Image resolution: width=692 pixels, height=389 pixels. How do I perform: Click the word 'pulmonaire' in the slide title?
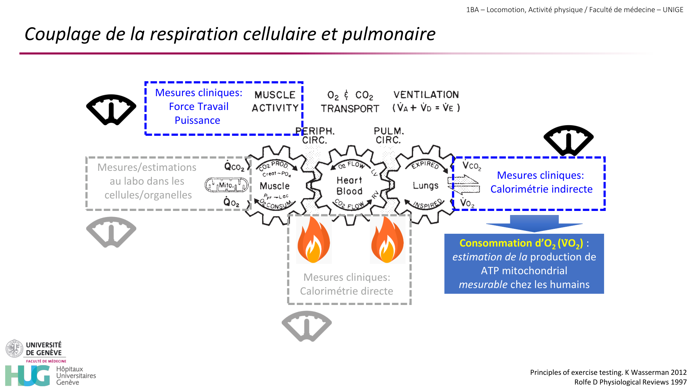(x=389, y=34)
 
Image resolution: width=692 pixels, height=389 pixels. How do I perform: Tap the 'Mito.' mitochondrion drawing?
(x=227, y=185)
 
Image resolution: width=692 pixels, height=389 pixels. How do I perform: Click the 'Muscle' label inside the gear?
(x=275, y=186)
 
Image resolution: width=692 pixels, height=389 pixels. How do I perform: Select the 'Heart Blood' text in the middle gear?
(x=349, y=186)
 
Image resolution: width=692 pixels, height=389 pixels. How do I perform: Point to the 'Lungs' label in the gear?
(x=426, y=186)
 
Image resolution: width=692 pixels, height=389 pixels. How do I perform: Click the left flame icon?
(x=313, y=240)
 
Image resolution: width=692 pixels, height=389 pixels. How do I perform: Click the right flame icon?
(x=388, y=240)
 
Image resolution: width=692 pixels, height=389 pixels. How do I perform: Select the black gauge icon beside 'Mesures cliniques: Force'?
(x=111, y=109)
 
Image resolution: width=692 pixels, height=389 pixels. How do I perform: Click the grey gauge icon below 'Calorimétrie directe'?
(x=307, y=326)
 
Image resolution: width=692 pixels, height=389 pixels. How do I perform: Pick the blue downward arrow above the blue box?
(x=534, y=223)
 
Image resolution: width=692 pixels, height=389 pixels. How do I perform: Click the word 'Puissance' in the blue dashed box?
(x=197, y=120)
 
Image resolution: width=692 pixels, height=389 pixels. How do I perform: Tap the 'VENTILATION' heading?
(x=426, y=95)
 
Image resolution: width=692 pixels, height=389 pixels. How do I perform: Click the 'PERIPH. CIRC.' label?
(x=315, y=136)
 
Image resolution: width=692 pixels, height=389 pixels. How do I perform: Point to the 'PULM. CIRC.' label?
(x=389, y=136)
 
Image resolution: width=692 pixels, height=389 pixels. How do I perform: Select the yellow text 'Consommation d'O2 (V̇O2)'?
(x=521, y=243)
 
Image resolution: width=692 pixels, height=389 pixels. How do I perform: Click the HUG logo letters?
(x=28, y=376)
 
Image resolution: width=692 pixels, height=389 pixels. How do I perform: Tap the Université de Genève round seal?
(x=14, y=349)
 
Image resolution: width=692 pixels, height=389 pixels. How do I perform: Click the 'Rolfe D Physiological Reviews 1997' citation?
(x=630, y=382)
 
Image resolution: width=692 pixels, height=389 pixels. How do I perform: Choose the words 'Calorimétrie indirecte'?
(x=541, y=189)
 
